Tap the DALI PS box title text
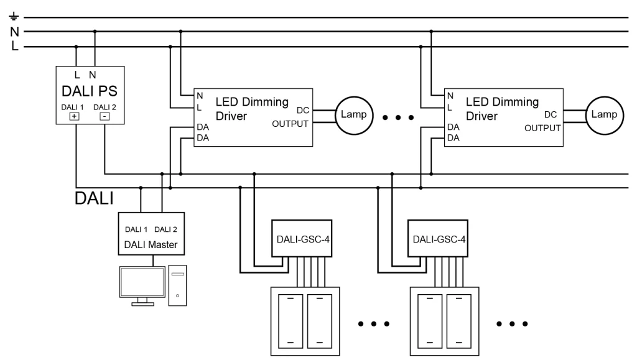point(90,92)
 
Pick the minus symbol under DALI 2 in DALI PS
point(104,116)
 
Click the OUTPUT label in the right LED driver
point(542,127)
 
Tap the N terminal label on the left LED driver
point(200,96)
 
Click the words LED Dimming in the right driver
point(502,101)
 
